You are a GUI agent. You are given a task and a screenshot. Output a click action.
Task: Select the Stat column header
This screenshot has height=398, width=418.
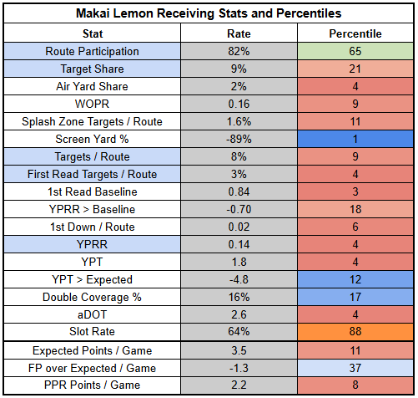coord(93,33)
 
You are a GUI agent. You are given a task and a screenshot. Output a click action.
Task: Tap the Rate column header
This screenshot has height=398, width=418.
coord(239,33)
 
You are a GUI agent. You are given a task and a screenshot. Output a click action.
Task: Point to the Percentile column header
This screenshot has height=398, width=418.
coord(355,33)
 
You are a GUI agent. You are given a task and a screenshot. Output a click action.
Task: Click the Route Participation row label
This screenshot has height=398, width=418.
coord(92,51)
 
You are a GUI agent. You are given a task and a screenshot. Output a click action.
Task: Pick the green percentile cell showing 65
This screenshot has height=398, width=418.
coord(355,51)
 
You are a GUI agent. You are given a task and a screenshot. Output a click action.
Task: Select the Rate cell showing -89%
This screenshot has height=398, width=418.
coord(239,139)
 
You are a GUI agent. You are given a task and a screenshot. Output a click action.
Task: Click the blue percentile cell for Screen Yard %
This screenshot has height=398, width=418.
coord(355,139)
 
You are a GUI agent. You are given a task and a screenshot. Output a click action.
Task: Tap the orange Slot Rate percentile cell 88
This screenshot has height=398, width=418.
coord(355,332)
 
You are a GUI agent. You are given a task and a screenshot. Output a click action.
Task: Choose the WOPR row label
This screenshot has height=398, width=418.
coord(92,104)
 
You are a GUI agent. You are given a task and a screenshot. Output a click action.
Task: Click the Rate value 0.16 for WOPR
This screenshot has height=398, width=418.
coord(239,104)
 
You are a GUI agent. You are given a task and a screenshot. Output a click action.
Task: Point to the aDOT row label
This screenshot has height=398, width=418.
coord(92,314)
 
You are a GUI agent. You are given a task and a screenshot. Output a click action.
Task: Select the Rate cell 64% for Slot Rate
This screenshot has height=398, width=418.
coord(239,332)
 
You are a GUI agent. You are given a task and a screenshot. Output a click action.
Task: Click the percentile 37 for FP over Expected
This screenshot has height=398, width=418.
coord(355,368)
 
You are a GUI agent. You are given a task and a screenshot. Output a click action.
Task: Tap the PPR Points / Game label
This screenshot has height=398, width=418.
coord(92,385)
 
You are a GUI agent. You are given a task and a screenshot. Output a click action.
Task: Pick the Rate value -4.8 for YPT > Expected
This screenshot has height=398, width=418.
coord(239,279)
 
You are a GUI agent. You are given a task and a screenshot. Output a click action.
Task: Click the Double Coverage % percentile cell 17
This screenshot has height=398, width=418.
coord(355,297)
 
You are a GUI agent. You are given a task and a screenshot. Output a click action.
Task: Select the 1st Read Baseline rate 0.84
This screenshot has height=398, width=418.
coord(239,191)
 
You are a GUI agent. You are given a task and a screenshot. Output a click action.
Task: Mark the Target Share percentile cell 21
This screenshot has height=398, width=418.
coord(355,69)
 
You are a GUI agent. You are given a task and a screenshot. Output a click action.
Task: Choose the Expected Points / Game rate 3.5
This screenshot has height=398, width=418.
coord(239,350)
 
